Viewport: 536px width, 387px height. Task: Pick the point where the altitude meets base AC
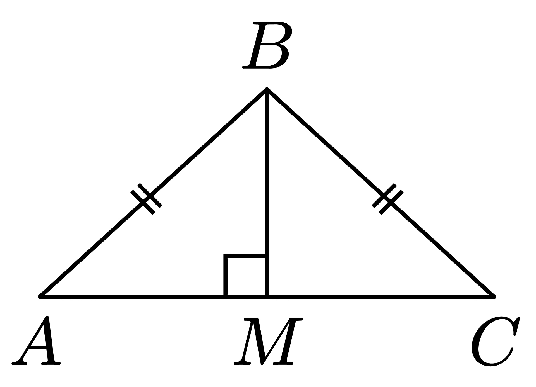(x=267, y=297)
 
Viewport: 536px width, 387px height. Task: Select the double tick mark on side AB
(x=146, y=199)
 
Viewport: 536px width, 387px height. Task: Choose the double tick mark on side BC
(x=387, y=199)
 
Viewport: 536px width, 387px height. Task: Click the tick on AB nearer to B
(x=150, y=195)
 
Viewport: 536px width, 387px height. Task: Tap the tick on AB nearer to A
(x=143, y=202)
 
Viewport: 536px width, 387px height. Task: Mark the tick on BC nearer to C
(x=391, y=202)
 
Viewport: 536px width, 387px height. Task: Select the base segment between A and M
(x=153, y=297)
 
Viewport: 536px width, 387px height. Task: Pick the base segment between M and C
(x=381, y=297)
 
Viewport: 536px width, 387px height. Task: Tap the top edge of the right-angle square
(x=245, y=256)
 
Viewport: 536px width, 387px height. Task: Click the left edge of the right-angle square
(x=226, y=276)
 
